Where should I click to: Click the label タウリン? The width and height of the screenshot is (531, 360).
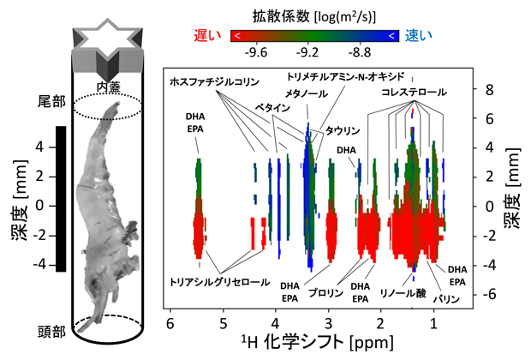click(x=340, y=130)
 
